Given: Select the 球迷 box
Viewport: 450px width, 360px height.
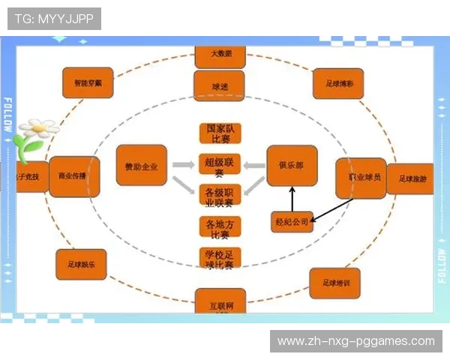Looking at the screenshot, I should click(219, 85).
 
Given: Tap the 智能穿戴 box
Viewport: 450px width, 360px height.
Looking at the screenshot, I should click(88, 83).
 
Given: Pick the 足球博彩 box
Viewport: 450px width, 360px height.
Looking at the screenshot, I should click(337, 84).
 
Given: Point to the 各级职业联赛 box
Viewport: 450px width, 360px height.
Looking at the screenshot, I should click(220, 195).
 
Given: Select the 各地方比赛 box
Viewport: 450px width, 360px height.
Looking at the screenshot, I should click(220, 227).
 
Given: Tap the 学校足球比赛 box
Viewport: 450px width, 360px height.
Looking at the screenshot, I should click(220, 258).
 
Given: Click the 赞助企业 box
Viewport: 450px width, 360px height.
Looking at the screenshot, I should click(141, 166).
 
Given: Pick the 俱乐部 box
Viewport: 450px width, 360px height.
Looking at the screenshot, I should click(292, 166).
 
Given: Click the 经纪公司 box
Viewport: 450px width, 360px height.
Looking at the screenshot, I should click(291, 222).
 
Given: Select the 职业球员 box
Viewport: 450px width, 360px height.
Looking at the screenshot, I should click(361, 178).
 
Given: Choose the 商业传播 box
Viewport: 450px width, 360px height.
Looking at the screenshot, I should click(73, 177).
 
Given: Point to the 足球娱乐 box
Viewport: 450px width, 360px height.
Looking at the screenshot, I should click(81, 264).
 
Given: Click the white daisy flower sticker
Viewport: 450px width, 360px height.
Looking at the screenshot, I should click(36, 136).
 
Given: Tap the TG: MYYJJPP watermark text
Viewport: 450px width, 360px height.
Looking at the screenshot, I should click(53, 19).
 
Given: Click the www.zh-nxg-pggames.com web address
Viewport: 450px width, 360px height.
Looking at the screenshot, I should click(356, 341).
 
